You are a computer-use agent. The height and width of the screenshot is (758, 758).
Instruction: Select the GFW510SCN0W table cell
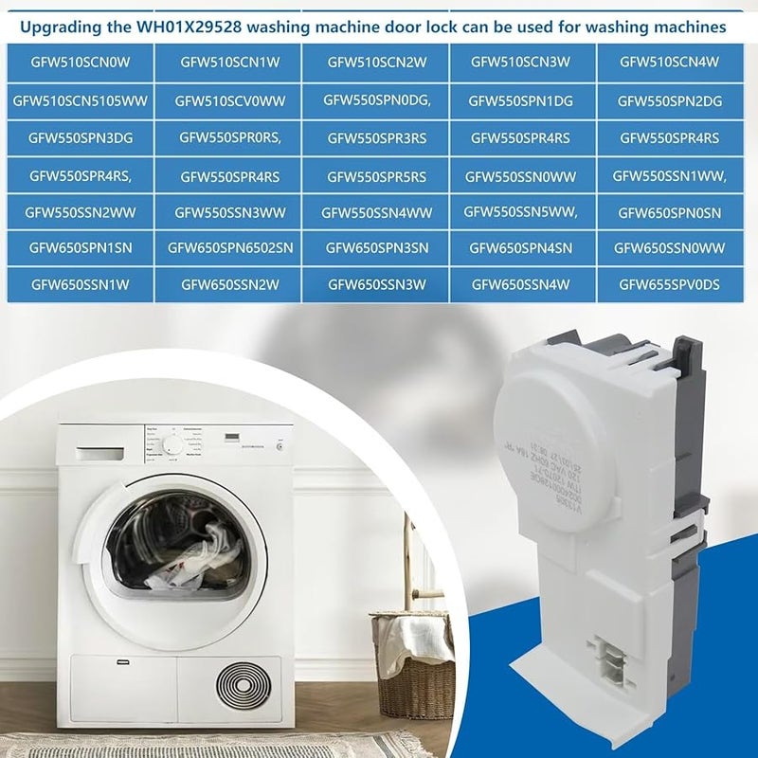point(81,63)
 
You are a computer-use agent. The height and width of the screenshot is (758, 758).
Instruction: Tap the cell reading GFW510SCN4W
point(670,63)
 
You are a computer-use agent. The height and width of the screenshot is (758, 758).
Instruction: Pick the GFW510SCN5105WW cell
point(81,100)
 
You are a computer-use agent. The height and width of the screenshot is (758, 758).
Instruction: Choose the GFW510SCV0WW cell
point(229,100)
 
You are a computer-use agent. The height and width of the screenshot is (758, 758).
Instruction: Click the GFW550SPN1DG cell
point(521,100)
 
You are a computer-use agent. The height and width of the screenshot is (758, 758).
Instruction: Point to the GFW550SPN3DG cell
point(81,138)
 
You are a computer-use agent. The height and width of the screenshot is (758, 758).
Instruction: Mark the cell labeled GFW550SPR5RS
point(376,176)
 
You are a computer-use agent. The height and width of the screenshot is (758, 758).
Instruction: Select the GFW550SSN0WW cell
point(521,176)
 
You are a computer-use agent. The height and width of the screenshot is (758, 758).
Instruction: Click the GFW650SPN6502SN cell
point(229,248)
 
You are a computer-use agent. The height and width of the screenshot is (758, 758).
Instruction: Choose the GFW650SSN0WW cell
point(670,248)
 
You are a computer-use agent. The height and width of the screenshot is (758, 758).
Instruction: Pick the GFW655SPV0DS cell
point(670,283)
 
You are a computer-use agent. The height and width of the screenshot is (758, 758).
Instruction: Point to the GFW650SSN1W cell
point(81,283)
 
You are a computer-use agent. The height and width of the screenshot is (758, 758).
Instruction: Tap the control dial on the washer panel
point(171,444)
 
